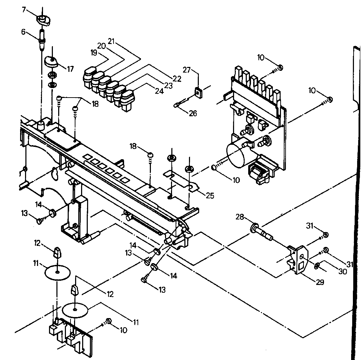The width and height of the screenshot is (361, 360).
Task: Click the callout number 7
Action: click(24, 10)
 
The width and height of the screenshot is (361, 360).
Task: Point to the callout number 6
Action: click(23, 32)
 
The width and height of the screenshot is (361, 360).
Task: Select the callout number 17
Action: click(70, 69)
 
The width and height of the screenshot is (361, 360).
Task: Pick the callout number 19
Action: click(93, 53)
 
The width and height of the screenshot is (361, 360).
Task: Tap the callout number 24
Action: click(159, 91)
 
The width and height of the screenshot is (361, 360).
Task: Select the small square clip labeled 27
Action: click(198, 92)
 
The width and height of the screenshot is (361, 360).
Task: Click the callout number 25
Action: click(210, 195)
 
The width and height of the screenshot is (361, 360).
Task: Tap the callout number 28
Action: click(240, 218)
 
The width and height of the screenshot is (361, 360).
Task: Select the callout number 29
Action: click(320, 282)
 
